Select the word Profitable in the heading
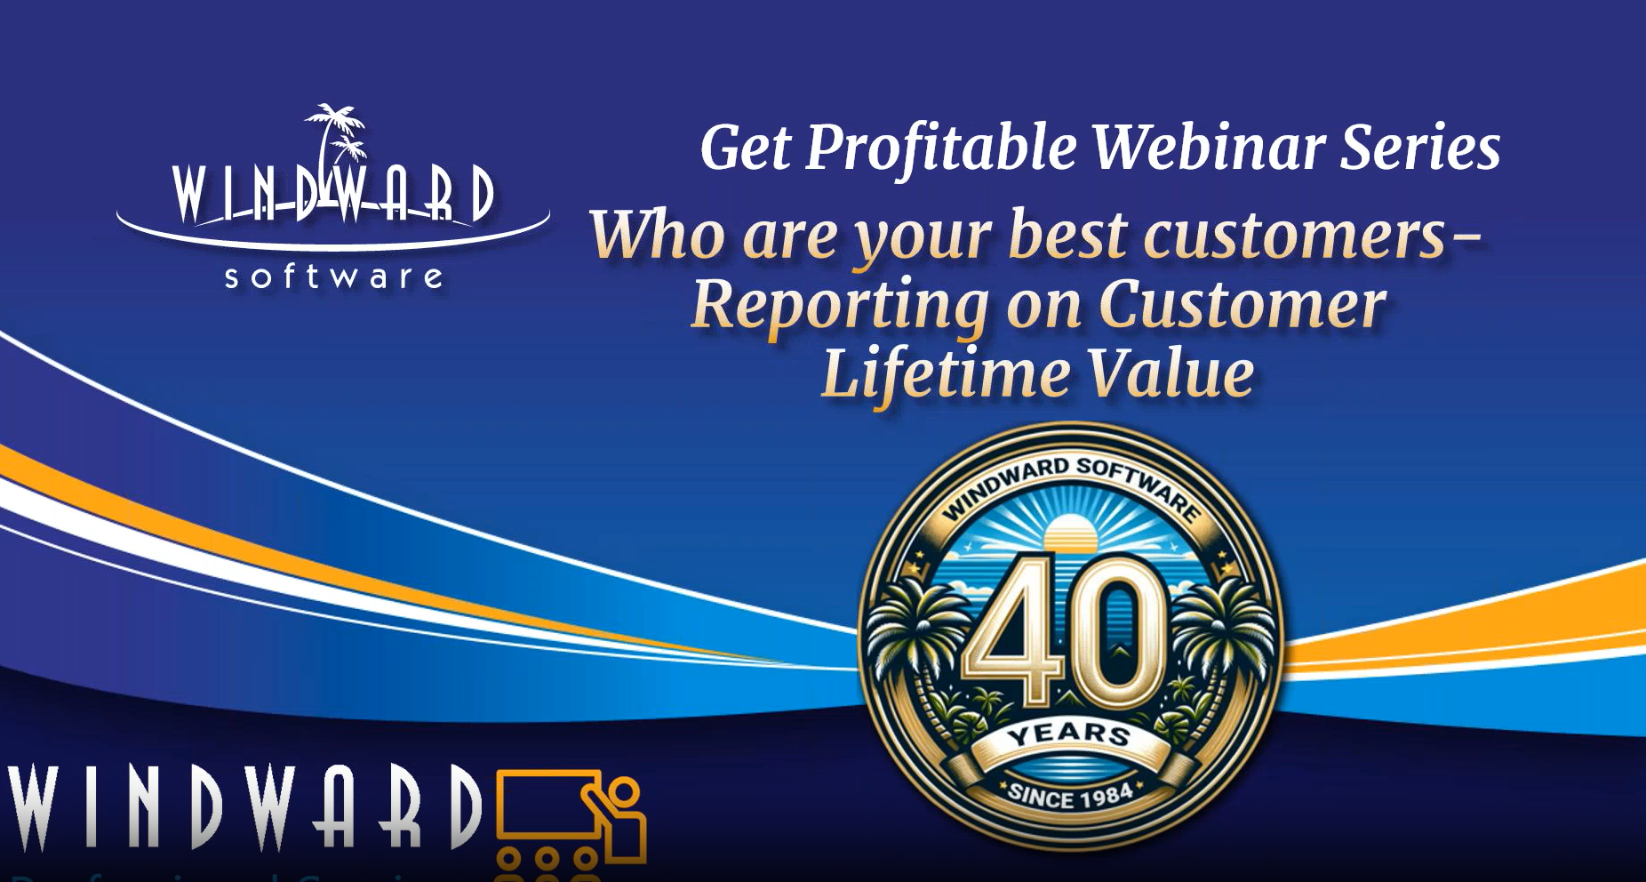[941, 148]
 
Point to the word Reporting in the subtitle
[840, 306]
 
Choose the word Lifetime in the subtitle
[945, 373]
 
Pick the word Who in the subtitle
[658, 235]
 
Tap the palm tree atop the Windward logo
[336, 133]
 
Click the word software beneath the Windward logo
[334, 277]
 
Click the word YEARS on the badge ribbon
[1068, 735]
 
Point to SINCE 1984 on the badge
[1070, 795]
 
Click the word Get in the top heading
[745, 148]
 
